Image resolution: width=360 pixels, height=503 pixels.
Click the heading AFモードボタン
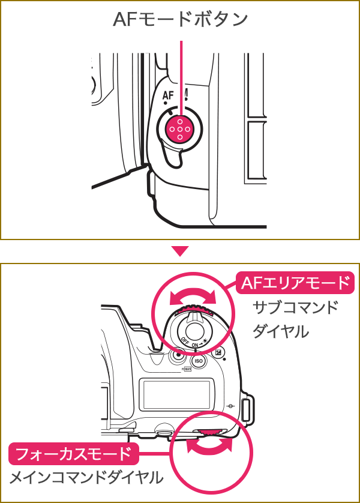click(180, 20)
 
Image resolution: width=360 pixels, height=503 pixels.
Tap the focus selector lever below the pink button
click(173, 155)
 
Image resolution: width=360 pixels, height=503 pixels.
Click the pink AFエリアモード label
click(294, 283)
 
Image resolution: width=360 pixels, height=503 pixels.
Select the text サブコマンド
click(296, 307)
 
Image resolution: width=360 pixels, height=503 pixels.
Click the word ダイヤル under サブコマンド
click(281, 331)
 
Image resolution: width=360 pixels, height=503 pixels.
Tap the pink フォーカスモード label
click(73, 454)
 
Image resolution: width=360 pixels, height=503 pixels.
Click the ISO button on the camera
click(199, 361)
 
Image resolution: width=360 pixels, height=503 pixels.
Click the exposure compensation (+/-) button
click(218, 354)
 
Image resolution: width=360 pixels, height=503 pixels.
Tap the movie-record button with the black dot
click(178, 355)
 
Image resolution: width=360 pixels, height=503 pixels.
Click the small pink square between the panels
click(180, 251)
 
